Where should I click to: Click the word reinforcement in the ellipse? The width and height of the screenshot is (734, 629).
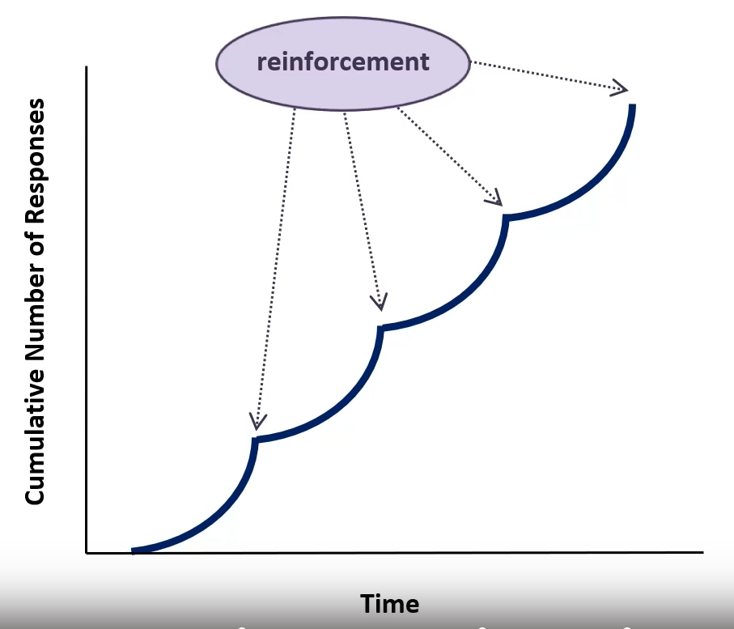[x=343, y=62]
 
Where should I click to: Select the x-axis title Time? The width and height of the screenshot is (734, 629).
[x=390, y=604]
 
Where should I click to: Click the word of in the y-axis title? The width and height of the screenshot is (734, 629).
[x=35, y=246]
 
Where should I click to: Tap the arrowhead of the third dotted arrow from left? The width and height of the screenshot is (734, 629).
[x=495, y=198]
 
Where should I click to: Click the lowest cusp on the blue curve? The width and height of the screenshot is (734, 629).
[x=256, y=440]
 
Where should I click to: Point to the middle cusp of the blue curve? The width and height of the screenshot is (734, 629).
[x=381, y=328]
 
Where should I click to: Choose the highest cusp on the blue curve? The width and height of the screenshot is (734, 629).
[x=507, y=217]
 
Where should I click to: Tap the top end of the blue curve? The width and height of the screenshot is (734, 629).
[x=632, y=106]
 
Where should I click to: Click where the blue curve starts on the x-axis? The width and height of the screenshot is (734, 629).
[x=134, y=551]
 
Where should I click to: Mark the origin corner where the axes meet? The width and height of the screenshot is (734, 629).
[x=87, y=553]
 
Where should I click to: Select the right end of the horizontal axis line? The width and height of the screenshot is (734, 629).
[x=702, y=553]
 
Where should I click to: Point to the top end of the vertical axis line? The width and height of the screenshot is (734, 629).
[x=87, y=69]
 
